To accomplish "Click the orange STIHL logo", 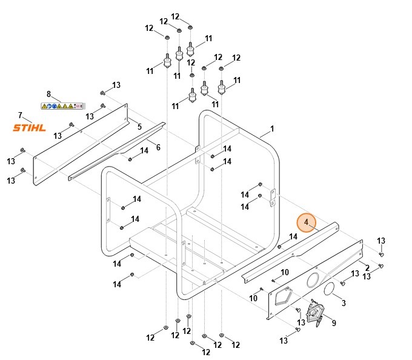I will coord(30,127).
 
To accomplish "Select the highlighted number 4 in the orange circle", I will coord(307,222).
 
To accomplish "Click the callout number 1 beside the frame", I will coord(272,128).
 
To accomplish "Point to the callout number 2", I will coord(367,267).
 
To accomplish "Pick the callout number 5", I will coord(139,127).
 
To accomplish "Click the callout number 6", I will coord(158,147).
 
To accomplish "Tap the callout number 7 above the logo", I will coord(20,115).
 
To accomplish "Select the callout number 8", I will coord(49,94).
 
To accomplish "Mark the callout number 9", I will coord(333,323).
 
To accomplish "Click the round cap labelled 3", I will coord(330,289).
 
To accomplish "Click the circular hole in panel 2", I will coord(314,280).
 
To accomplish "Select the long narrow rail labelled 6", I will coord(115,152).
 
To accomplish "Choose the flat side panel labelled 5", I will coord(79,145).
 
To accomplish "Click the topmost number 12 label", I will coord(175,16).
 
